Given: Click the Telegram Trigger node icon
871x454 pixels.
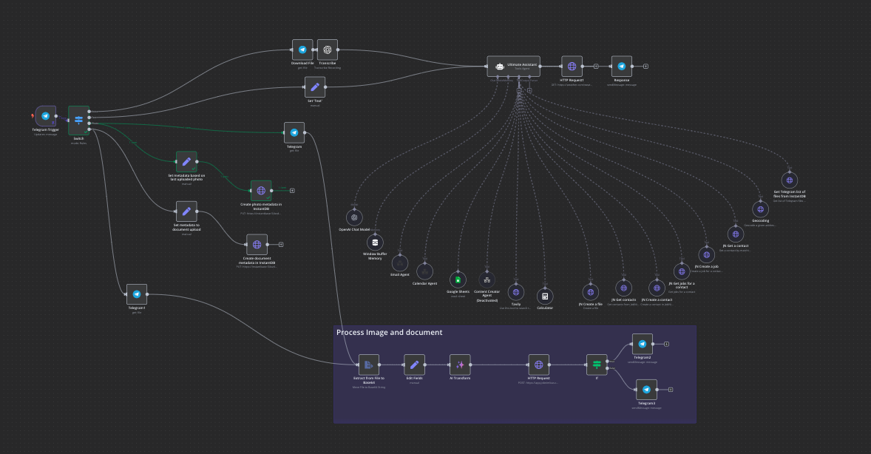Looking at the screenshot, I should [46, 116].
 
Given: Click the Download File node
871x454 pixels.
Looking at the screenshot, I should [302, 50].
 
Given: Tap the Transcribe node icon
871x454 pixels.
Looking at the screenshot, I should [328, 50].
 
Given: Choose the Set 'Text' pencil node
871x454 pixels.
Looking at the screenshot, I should [315, 87].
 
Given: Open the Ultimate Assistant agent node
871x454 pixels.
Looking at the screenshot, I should [513, 67].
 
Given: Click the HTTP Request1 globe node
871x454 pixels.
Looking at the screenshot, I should [572, 66].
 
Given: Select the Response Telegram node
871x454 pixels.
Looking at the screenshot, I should [622, 66].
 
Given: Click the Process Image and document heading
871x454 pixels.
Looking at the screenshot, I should [390, 333].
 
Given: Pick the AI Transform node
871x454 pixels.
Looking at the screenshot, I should [460, 365].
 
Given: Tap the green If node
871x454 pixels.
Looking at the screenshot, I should [596, 365].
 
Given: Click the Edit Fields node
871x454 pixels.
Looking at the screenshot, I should [415, 365].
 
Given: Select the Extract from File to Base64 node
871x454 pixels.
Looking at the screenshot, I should [369, 365].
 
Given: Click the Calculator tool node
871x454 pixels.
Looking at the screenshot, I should [546, 296].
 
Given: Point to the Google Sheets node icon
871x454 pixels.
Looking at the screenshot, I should [458, 279].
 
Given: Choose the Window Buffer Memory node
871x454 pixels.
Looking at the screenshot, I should [375, 242].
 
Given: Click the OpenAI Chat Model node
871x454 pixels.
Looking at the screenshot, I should [354, 217].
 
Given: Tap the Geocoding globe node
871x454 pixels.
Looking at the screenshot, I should [760, 209].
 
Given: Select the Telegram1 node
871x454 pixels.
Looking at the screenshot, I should [137, 294].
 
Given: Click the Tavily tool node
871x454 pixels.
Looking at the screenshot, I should [516, 292].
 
